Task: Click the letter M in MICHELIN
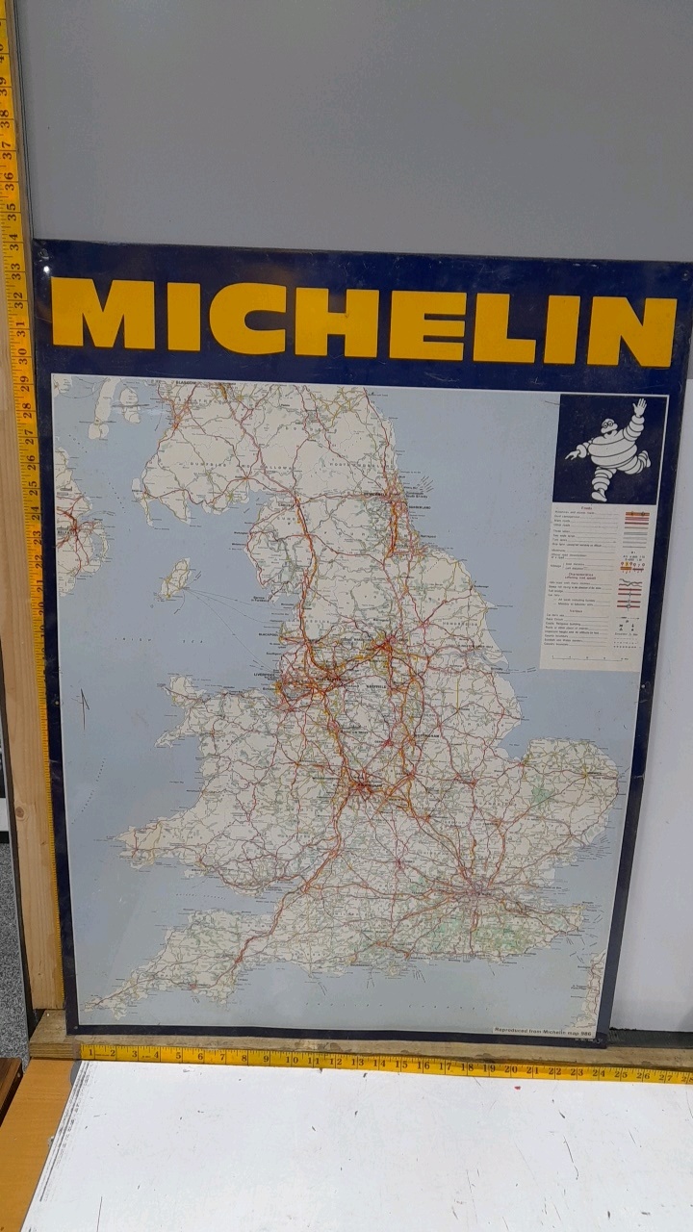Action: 103,314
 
